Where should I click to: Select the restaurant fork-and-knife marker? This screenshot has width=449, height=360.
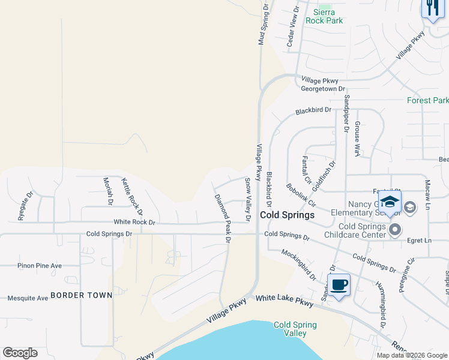point(432,8)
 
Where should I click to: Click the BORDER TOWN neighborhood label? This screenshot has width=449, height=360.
point(82,295)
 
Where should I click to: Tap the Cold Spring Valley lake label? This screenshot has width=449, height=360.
point(295,329)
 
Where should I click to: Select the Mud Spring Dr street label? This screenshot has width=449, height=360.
point(262,24)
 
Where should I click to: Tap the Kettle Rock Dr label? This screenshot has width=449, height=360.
point(132,196)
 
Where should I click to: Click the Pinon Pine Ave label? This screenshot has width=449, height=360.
point(40,265)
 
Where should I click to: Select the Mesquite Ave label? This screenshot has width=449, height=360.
point(28,298)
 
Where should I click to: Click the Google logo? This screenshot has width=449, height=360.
point(20,353)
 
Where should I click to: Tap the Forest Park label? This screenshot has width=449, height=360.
point(427,100)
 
